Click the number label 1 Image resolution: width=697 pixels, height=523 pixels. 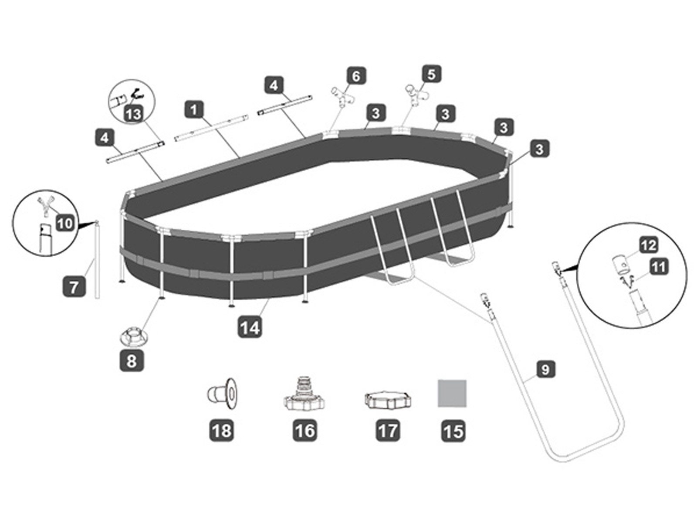194,109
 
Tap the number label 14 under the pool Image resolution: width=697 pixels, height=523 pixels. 250,327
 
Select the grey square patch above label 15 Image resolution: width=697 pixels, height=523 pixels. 452,393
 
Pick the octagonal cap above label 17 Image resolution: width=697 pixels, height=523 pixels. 387,399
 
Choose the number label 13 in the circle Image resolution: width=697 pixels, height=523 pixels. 134,115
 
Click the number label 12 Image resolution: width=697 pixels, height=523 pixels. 648,245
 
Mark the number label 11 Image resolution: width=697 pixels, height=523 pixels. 658,266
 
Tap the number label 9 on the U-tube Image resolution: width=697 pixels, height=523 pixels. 545,370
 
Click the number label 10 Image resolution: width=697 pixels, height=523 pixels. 65,224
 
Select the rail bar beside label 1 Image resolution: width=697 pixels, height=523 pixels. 211,127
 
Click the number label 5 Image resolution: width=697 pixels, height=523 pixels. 431,74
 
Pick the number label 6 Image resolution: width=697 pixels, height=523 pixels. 356,76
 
